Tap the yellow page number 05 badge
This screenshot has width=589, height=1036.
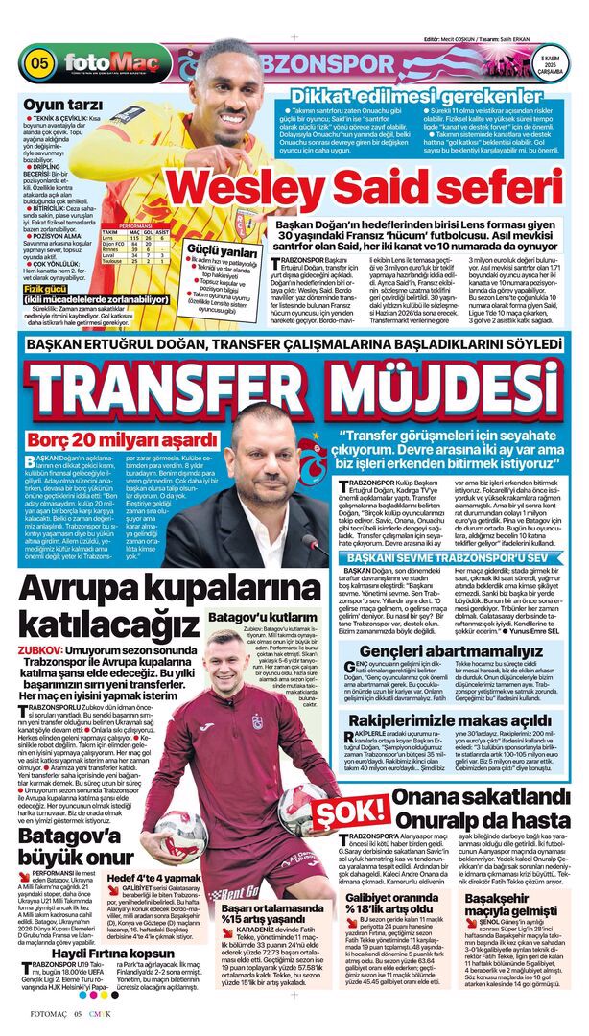(x=38, y=64)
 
